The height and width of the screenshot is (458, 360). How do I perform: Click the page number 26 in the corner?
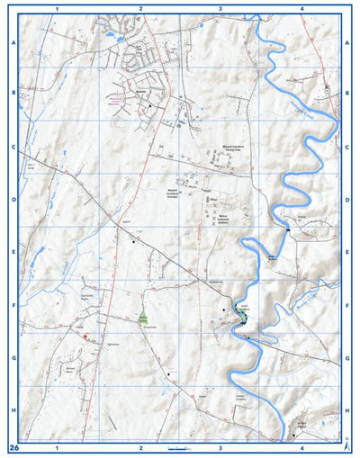[x=13, y=446]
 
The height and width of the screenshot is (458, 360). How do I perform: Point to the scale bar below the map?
[x=181, y=447]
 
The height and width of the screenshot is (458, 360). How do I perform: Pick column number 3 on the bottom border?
[x=220, y=446]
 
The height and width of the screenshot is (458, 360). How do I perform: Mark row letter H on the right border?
[x=347, y=409]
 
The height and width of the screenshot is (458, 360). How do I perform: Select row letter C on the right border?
[x=347, y=147]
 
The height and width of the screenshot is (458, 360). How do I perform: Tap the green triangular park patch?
[x=142, y=318]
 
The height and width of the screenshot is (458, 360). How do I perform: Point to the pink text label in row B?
[x=114, y=103]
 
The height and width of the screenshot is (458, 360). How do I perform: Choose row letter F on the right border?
[x=347, y=305]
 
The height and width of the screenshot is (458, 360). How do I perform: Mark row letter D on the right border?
[x=347, y=200]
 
